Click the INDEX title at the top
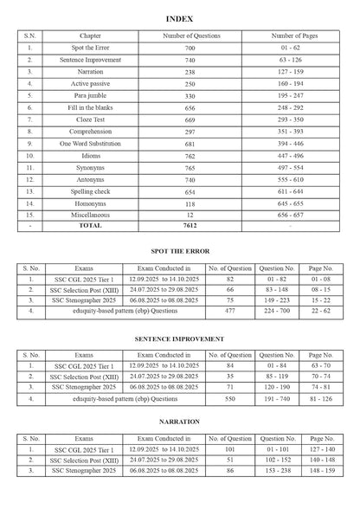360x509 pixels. coord(179,17)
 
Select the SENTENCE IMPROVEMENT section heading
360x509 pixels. coord(180,338)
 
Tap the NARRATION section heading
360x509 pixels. coord(180,422)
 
